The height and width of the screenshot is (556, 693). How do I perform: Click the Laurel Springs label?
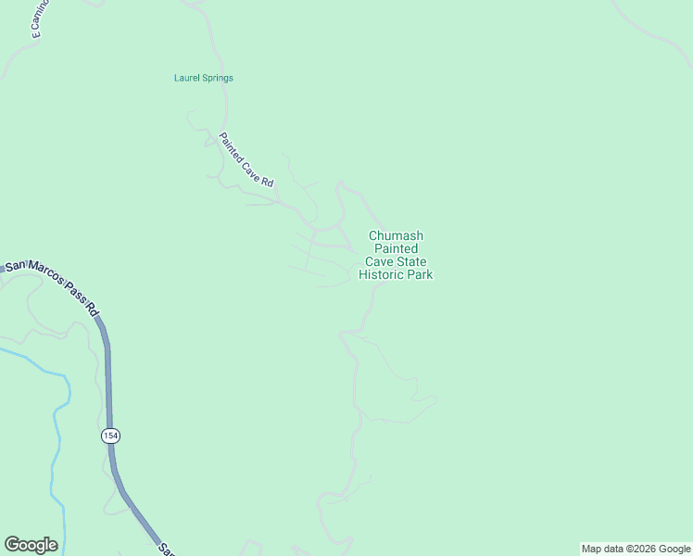[x=203, y=78]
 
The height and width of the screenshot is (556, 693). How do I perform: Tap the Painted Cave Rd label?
[x=246, y=161]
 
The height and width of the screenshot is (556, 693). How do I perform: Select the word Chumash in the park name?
[x=396, y=236]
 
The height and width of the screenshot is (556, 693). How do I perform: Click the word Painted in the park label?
[x=396, y=249]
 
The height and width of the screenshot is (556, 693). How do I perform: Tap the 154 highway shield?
[x=111, y=436]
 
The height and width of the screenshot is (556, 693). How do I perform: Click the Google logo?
[x=31, y=545]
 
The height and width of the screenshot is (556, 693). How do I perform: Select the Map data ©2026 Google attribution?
[x=636, y=549]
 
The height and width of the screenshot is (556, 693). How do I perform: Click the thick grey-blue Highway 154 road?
[x=108, y=389]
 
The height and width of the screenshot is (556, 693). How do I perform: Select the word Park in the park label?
[x=419, y=275]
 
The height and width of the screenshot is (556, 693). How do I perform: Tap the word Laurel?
[x=188, y=78]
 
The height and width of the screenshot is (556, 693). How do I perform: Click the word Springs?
[x=218, y=78]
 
